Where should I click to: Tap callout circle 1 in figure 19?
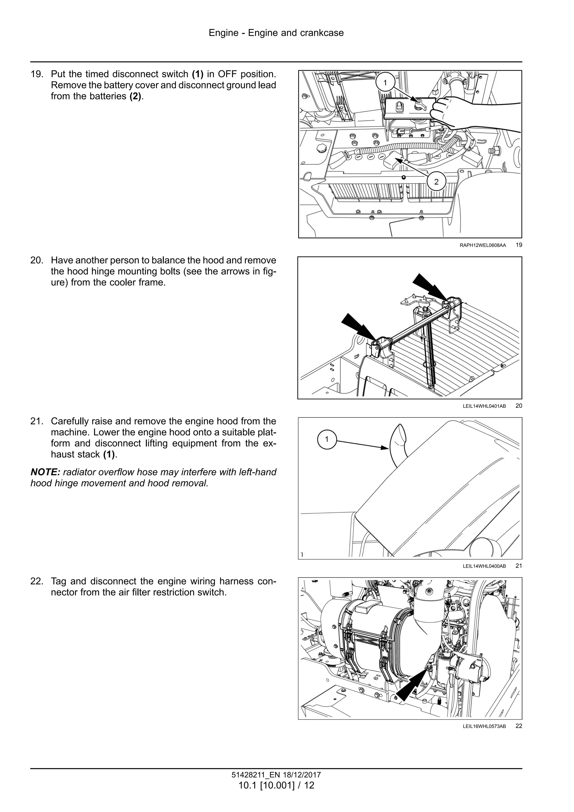pyautogui.click(x=385, y=82)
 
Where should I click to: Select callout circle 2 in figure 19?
pyautogui.click(x=436, y=182)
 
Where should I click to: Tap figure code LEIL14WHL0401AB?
pyautogui.click(x=484, y=406)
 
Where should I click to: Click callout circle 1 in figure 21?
pyautogui.click(x=327, y=439)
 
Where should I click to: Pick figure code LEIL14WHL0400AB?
pyautogui.click(x=484, y=566)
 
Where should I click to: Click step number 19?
pyautogui.click(x=36, y=74)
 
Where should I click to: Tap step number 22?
pyautogui.click(x=36, y=581)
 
